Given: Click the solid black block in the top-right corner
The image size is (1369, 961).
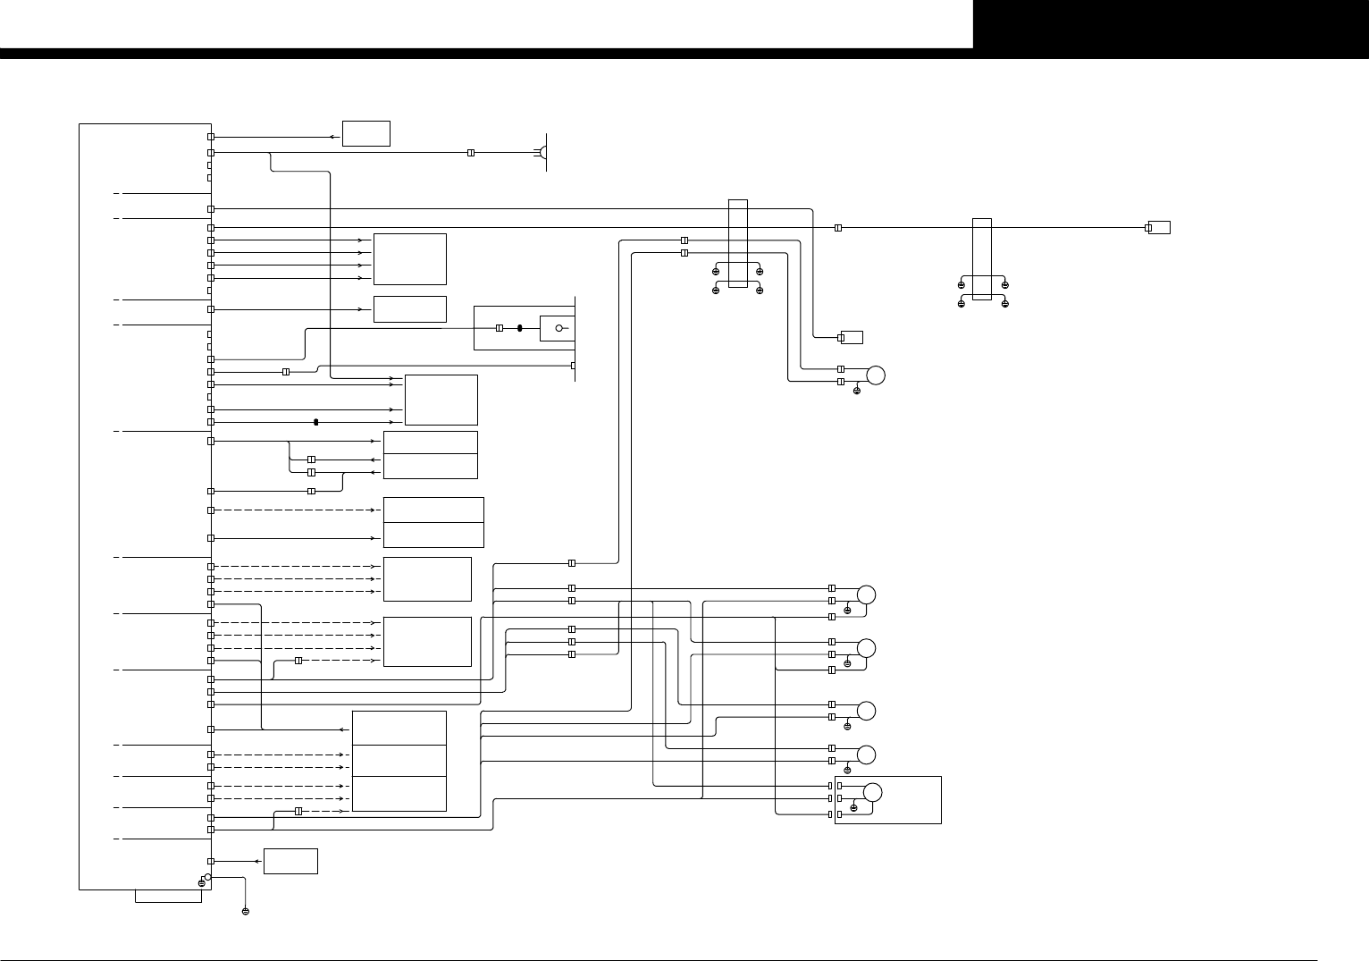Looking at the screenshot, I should click(1171, 25).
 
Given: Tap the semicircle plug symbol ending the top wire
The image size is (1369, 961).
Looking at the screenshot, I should click(542, 153).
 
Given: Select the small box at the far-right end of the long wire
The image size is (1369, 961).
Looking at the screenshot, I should click(1159, 227).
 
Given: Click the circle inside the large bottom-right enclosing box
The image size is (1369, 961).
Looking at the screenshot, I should click(873, 792).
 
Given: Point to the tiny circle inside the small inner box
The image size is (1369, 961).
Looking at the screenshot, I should click(559, 328).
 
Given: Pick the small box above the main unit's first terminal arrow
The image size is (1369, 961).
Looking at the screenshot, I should click(366, 132).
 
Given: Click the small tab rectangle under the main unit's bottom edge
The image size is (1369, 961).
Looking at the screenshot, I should click(168, 896).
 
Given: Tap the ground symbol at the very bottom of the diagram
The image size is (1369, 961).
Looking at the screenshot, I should click(246, 912).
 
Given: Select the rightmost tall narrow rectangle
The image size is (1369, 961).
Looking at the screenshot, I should click(982, 259).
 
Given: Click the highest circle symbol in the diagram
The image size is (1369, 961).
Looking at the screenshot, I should click(876, 375).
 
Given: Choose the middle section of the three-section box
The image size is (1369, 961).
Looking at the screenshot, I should click(399, 761).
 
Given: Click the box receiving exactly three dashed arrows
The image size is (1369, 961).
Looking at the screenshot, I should click(427, 579).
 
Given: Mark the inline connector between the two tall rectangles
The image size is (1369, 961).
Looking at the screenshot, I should click(838, 228).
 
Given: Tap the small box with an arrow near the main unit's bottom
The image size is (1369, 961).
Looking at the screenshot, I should click(290, 861).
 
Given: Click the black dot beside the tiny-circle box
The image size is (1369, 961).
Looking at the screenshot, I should click(519, 328).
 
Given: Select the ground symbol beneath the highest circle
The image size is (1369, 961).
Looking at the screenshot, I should click(857, 392).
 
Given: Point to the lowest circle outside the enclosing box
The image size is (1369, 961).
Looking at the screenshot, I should click(866, 754).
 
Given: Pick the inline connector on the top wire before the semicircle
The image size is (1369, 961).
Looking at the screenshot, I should click(471, 153).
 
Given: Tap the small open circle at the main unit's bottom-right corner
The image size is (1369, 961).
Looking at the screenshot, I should click(207, 878).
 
